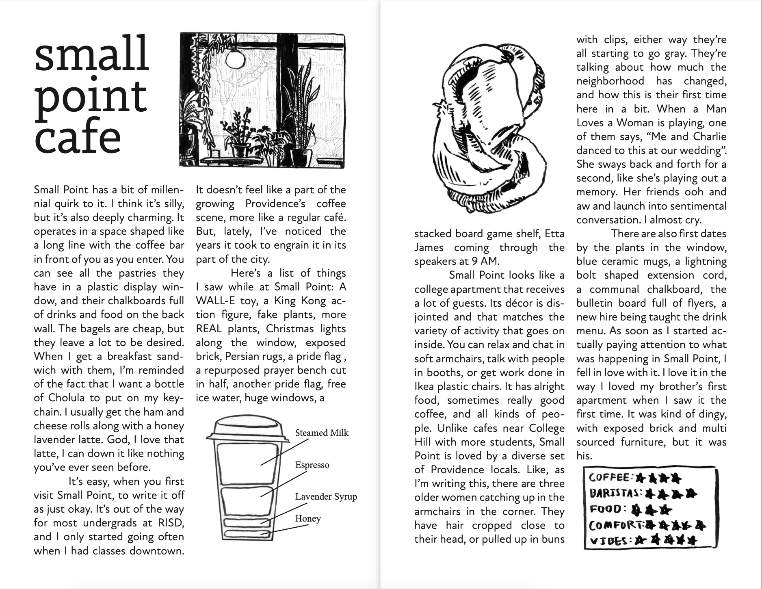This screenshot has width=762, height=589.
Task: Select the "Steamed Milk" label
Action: pos(322,433)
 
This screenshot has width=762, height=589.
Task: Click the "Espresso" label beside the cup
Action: pos(312,465)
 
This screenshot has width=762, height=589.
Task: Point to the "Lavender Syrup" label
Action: pos(326,497)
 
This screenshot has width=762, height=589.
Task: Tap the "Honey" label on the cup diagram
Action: pos(308,519)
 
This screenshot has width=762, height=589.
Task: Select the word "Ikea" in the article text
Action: pos(425,387)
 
